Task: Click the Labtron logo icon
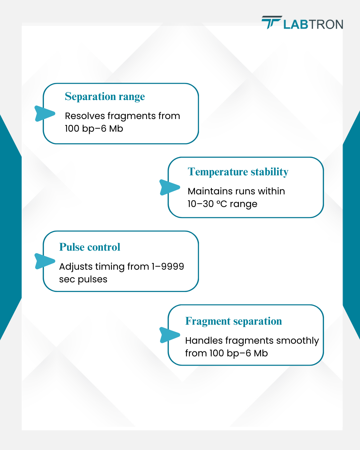(x=272, y=22)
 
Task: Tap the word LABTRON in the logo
(x=313, y=24)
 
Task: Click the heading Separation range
(x=105, y=97)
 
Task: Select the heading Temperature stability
(x=238, y=172)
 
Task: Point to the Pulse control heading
(x=90, y=247)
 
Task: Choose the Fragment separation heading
(x=233, y=321)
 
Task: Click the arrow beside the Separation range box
(x=45, y=114)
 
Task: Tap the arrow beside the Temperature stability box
(x=170, y=187)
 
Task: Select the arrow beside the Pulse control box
(x=45, y=261)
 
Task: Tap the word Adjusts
(x=76, y=267)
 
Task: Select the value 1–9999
(x=168, y=267)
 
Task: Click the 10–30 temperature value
(x=200, y=204)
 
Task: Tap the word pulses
(x=92, y=280)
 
